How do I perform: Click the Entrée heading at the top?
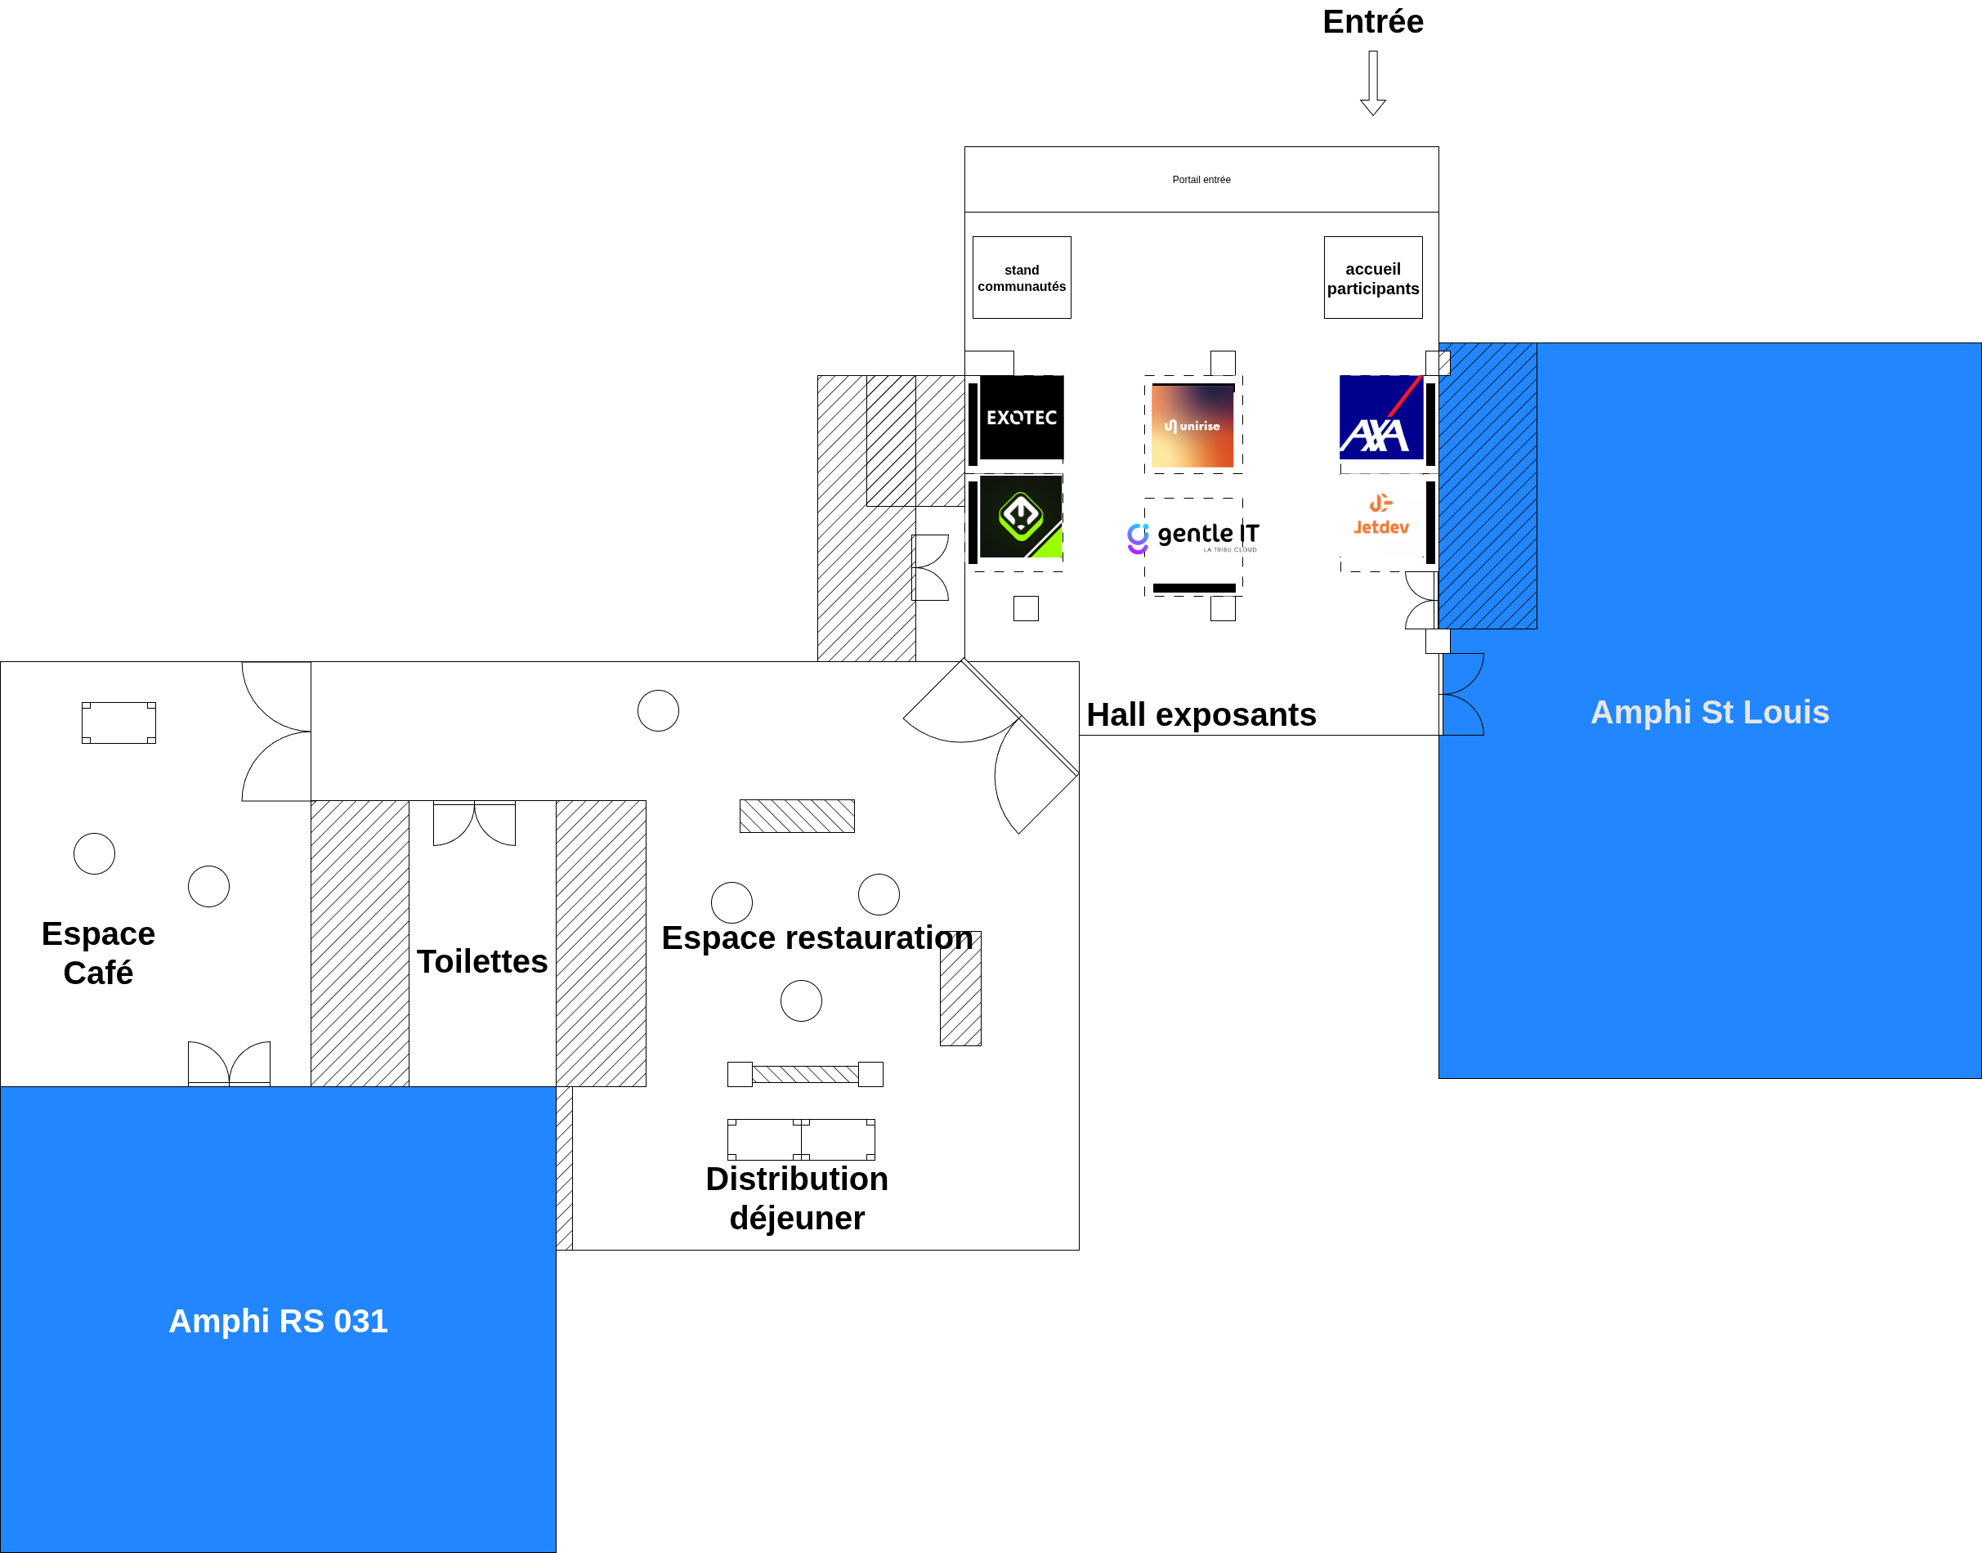point(1372,22)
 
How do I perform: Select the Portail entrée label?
point(1200,180)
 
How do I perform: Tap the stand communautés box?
point(1021,278)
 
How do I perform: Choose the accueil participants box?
point(1372,278)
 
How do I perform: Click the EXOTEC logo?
point(1021,418)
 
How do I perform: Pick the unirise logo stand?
point(1192,426)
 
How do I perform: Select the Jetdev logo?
point(1380,517)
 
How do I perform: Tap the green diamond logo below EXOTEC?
point(1020,517)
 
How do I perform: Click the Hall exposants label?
point(1200,714)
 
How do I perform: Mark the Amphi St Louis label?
point(1708,712)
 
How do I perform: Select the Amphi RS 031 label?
point(278,1320)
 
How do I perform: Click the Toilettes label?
point(482,961)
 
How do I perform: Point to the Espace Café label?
point(98,953)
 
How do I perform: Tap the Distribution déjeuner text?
point(796,1197)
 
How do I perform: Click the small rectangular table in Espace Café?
point(119,723)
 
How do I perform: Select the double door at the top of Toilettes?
point(474,823)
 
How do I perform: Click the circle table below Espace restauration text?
point(800,1000)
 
